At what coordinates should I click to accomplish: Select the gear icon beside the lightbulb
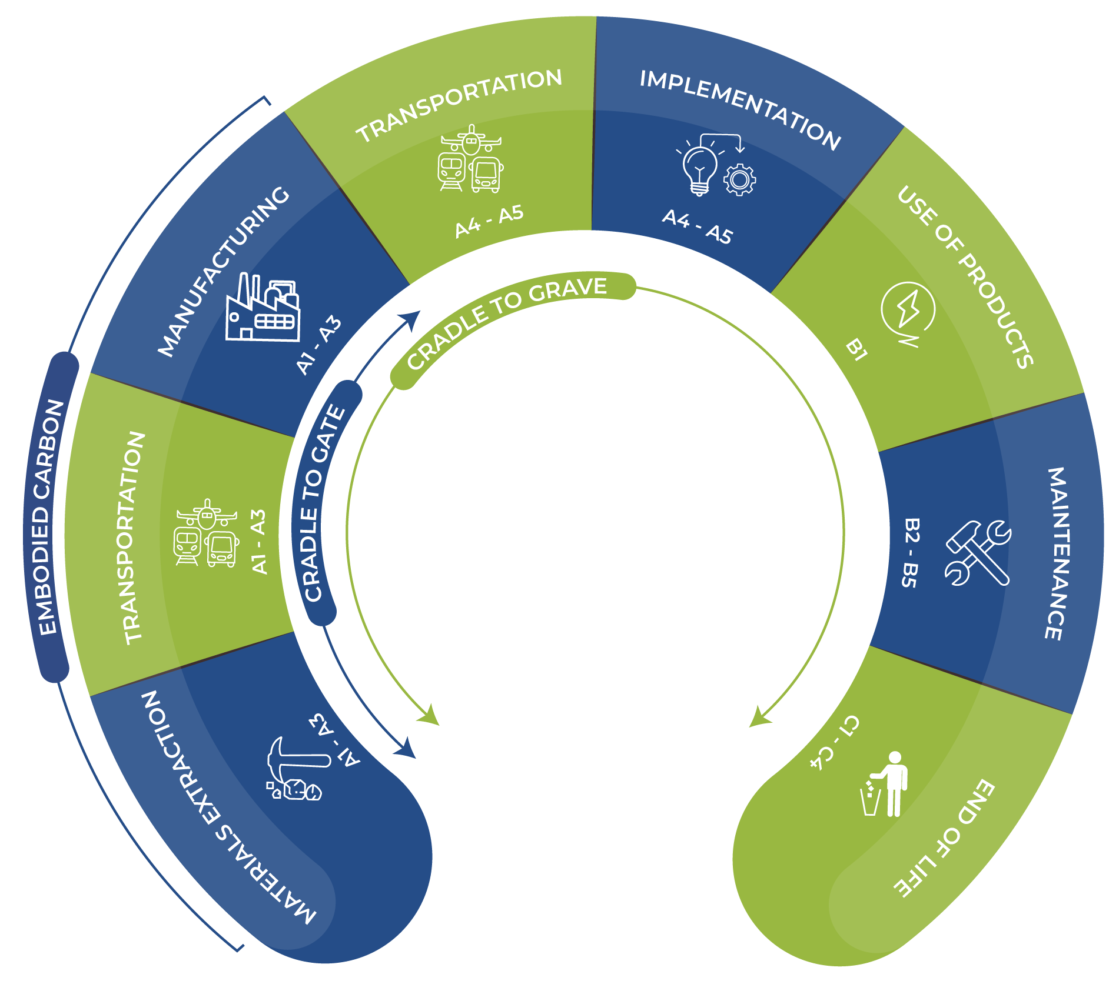point(739,180)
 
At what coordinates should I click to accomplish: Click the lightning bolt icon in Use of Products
point(908,311)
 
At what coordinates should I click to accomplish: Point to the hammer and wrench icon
point(978,553)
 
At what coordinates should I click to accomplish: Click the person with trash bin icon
point(885,785)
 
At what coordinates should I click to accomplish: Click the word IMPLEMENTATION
point(741,109)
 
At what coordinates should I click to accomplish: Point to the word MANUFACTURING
point(224,271)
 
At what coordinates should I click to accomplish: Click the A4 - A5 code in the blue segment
point(697,226)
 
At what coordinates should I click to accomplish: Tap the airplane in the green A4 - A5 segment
point(471,140)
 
